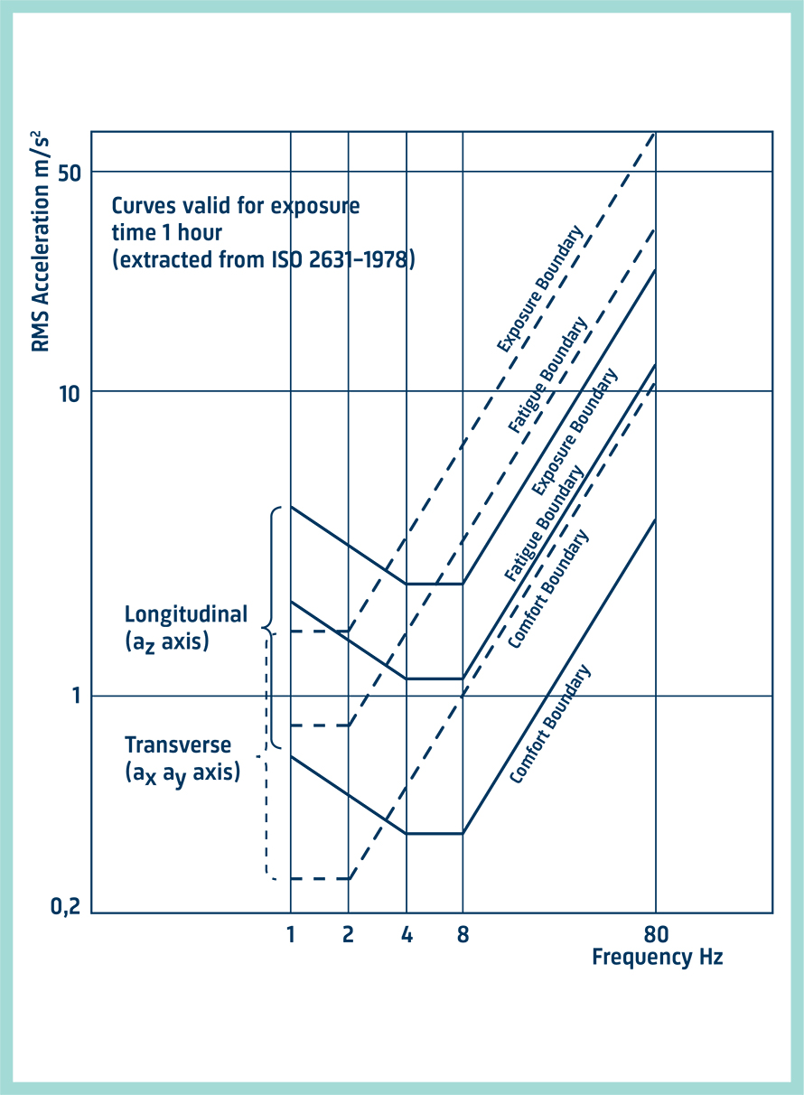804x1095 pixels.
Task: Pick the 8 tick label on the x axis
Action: [x=463, y=934]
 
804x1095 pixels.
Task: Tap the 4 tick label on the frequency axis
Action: [x=407, y=934]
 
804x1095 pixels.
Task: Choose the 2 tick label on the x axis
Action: [x=348, y=934]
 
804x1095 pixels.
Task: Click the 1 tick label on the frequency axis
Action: [x=291, y=934]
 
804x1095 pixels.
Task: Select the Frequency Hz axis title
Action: [x=657, y=957]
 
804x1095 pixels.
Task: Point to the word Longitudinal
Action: [x=185, y=615]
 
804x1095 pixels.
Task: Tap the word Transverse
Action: [x=178, y=745]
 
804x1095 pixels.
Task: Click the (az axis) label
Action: [x=166, y=643]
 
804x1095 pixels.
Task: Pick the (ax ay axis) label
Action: [x=182, y=773]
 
